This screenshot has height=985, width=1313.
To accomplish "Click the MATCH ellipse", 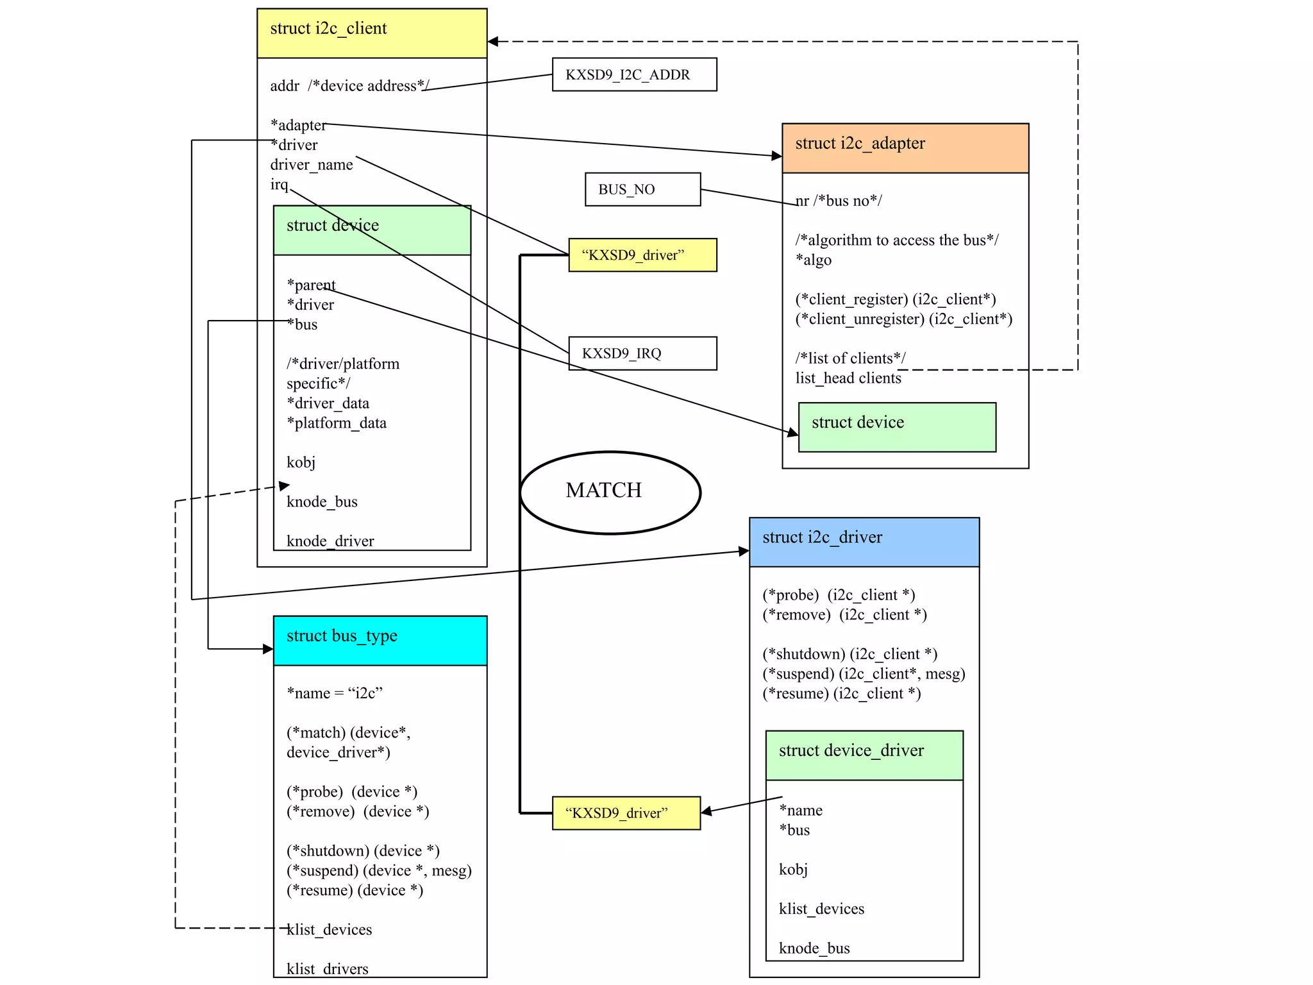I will (x=610, y=492).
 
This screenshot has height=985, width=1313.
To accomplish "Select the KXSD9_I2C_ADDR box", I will (x=634, y=74).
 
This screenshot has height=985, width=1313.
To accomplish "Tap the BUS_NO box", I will (x=642, y=189).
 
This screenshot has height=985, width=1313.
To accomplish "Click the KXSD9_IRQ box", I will (x=642, y=353).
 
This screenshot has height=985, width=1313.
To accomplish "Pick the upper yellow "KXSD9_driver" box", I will (x=642, y=255).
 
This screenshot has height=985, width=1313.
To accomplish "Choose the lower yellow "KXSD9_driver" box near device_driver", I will (x=626, y=813).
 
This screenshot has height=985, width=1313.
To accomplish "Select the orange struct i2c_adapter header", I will (x=905, y=148).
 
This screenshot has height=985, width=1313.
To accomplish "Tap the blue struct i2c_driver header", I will (x=864, y=542).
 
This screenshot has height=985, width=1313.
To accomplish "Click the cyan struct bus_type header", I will (x=380, y=641).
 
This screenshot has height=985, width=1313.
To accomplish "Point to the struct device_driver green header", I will (x=864, y=755).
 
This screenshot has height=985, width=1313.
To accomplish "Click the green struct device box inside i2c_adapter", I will (x=897, y=427).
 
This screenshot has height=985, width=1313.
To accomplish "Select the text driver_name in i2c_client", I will (x=312, y=165).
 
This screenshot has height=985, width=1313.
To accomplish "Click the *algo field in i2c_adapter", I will (x=814, y=260).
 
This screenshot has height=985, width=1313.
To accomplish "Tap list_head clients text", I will (x=848, y=378).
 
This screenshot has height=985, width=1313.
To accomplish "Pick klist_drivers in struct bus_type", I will (x=328, y=968).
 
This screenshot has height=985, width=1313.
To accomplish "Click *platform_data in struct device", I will (x=337, y=423).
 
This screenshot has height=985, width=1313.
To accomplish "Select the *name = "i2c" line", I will (x=335, y=693).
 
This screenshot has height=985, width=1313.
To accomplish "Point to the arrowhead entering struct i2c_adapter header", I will (x=777, y=155).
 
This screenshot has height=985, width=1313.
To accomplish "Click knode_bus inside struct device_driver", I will (x=814, y=948).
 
